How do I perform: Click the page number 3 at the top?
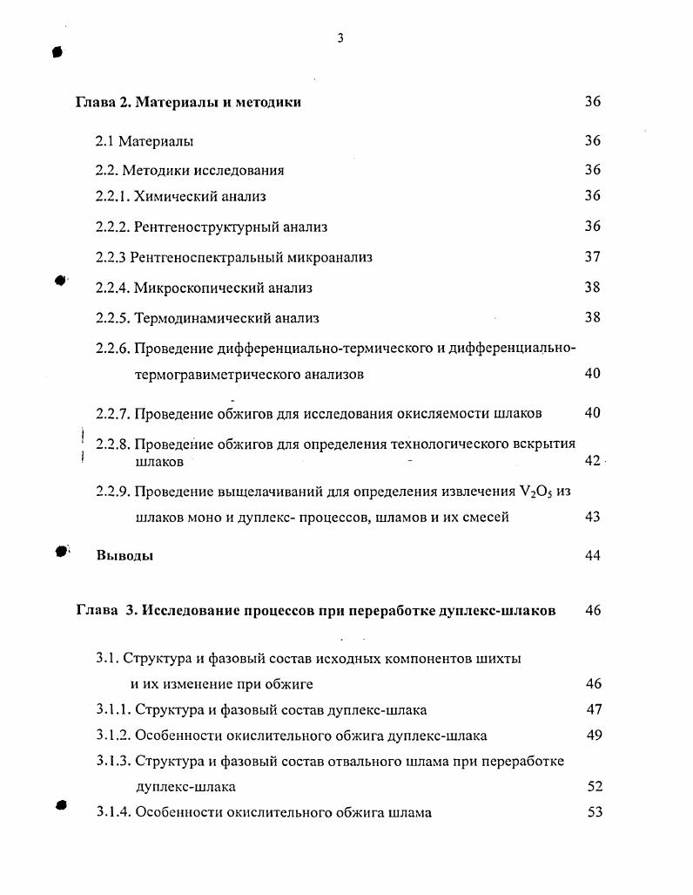(x=340, y=37)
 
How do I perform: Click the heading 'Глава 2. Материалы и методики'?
(x=188, y=102)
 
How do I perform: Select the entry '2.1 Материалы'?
(x=145, y=141)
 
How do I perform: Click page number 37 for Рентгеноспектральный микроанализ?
(x=592, y=257)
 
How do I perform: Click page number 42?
(x=592, y=460)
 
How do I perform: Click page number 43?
(x=592, y=517)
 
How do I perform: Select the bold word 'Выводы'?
(x=124, y=556)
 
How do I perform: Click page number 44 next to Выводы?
(x=592, y=556)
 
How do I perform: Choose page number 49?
(x=595, y=735)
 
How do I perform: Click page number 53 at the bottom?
(x=595, y=813)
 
